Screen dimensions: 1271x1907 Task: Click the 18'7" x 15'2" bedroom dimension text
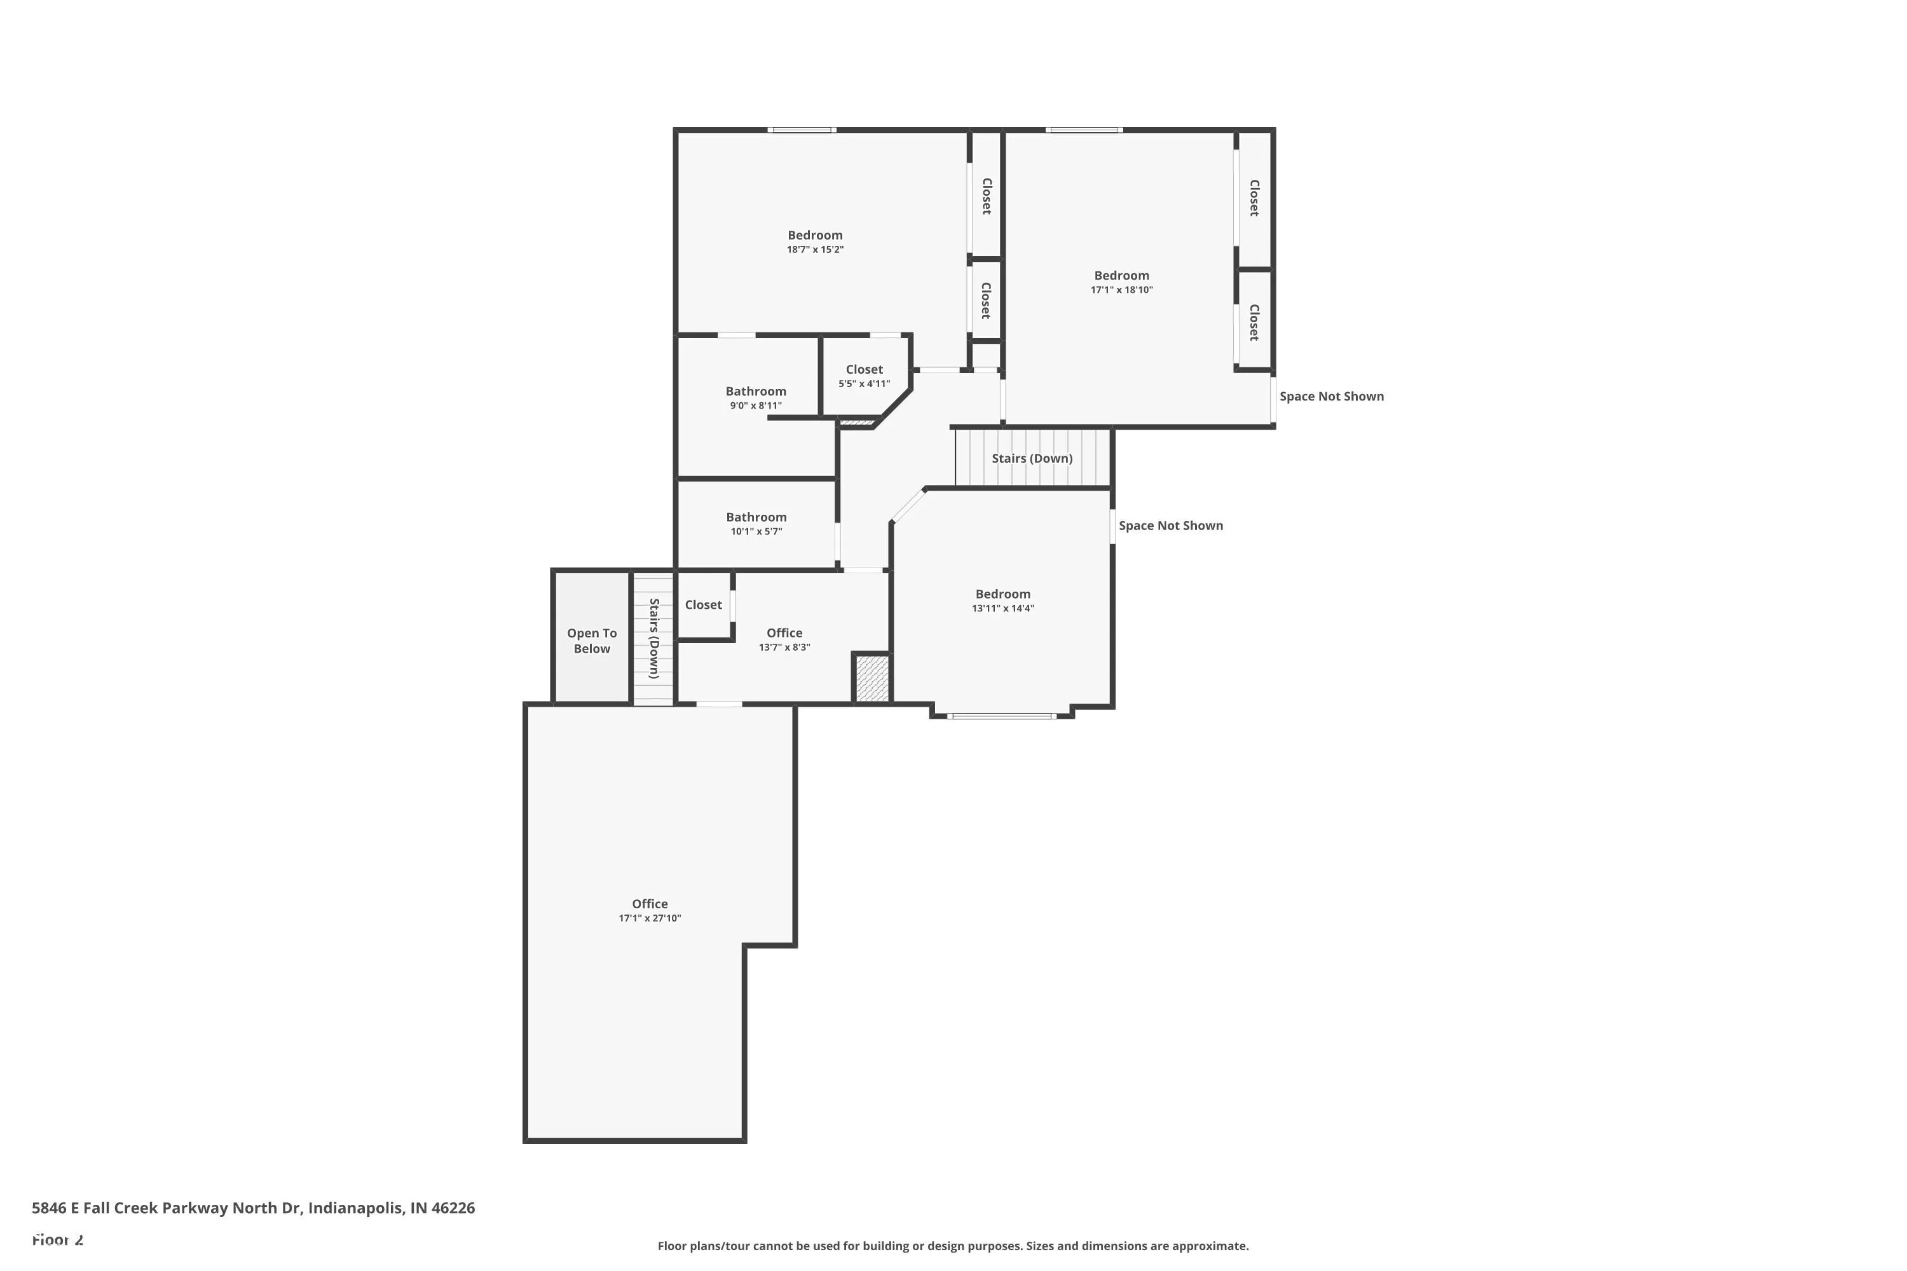(815, 250)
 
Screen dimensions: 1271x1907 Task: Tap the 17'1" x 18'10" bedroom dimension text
(1121, 290)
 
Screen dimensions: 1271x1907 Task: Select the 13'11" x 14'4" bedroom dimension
(1003, 609)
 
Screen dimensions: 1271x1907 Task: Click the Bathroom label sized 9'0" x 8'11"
(756, 391)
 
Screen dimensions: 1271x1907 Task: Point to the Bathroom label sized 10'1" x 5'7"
(756, 517)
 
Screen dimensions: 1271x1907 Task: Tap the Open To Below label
(592, 641)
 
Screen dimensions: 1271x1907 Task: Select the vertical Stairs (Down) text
(653, 638)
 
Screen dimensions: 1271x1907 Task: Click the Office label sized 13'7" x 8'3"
(784, 633)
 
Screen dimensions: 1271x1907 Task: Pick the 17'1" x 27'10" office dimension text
(650, 918)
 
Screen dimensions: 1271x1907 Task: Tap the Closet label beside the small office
(703, 605)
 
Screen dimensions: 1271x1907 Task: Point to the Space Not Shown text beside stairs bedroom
(1170, 526)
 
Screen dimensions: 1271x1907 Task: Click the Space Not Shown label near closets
(1331, 397)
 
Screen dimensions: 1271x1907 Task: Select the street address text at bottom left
(253, 1208)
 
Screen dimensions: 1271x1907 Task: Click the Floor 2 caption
(58, 1239)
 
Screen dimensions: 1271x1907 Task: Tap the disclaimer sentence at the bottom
(953, 1246)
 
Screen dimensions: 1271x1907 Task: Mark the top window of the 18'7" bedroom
(801, 130)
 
